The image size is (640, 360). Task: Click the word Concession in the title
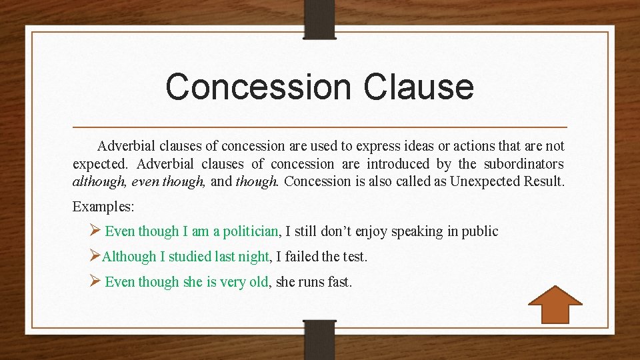(257, 87)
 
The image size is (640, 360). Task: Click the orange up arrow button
(555, 305)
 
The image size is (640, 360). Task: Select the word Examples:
(103, 206)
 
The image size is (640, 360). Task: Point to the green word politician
(250, 231)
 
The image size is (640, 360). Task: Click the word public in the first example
(480, 231)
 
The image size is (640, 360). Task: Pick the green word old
(258, 282)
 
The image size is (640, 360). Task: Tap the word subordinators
(524, 164)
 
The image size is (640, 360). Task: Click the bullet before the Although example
(95, 256)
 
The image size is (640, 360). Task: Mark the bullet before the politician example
(95, 231)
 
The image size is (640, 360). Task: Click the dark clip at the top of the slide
(319, 18)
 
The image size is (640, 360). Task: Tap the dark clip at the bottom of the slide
(319, 339)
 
